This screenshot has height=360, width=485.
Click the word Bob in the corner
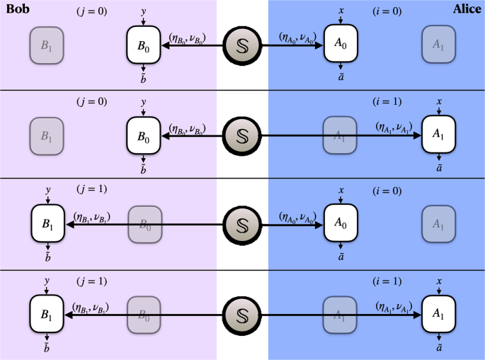(16, 9)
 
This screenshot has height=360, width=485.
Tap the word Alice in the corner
(467, 9)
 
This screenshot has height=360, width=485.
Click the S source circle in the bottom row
(242, 313)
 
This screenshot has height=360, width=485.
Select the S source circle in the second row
(242, 134)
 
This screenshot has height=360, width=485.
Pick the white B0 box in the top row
(144, 44)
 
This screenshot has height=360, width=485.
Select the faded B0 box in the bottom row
(144, 313)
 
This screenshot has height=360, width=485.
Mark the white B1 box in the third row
(47, 224)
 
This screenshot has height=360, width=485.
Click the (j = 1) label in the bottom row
(92, 281)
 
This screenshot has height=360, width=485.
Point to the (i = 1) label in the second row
(388, 101)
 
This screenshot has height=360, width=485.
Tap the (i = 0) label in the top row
(388, 12)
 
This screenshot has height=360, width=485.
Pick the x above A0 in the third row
(341, 191)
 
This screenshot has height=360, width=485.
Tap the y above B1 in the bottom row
(47, 281)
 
